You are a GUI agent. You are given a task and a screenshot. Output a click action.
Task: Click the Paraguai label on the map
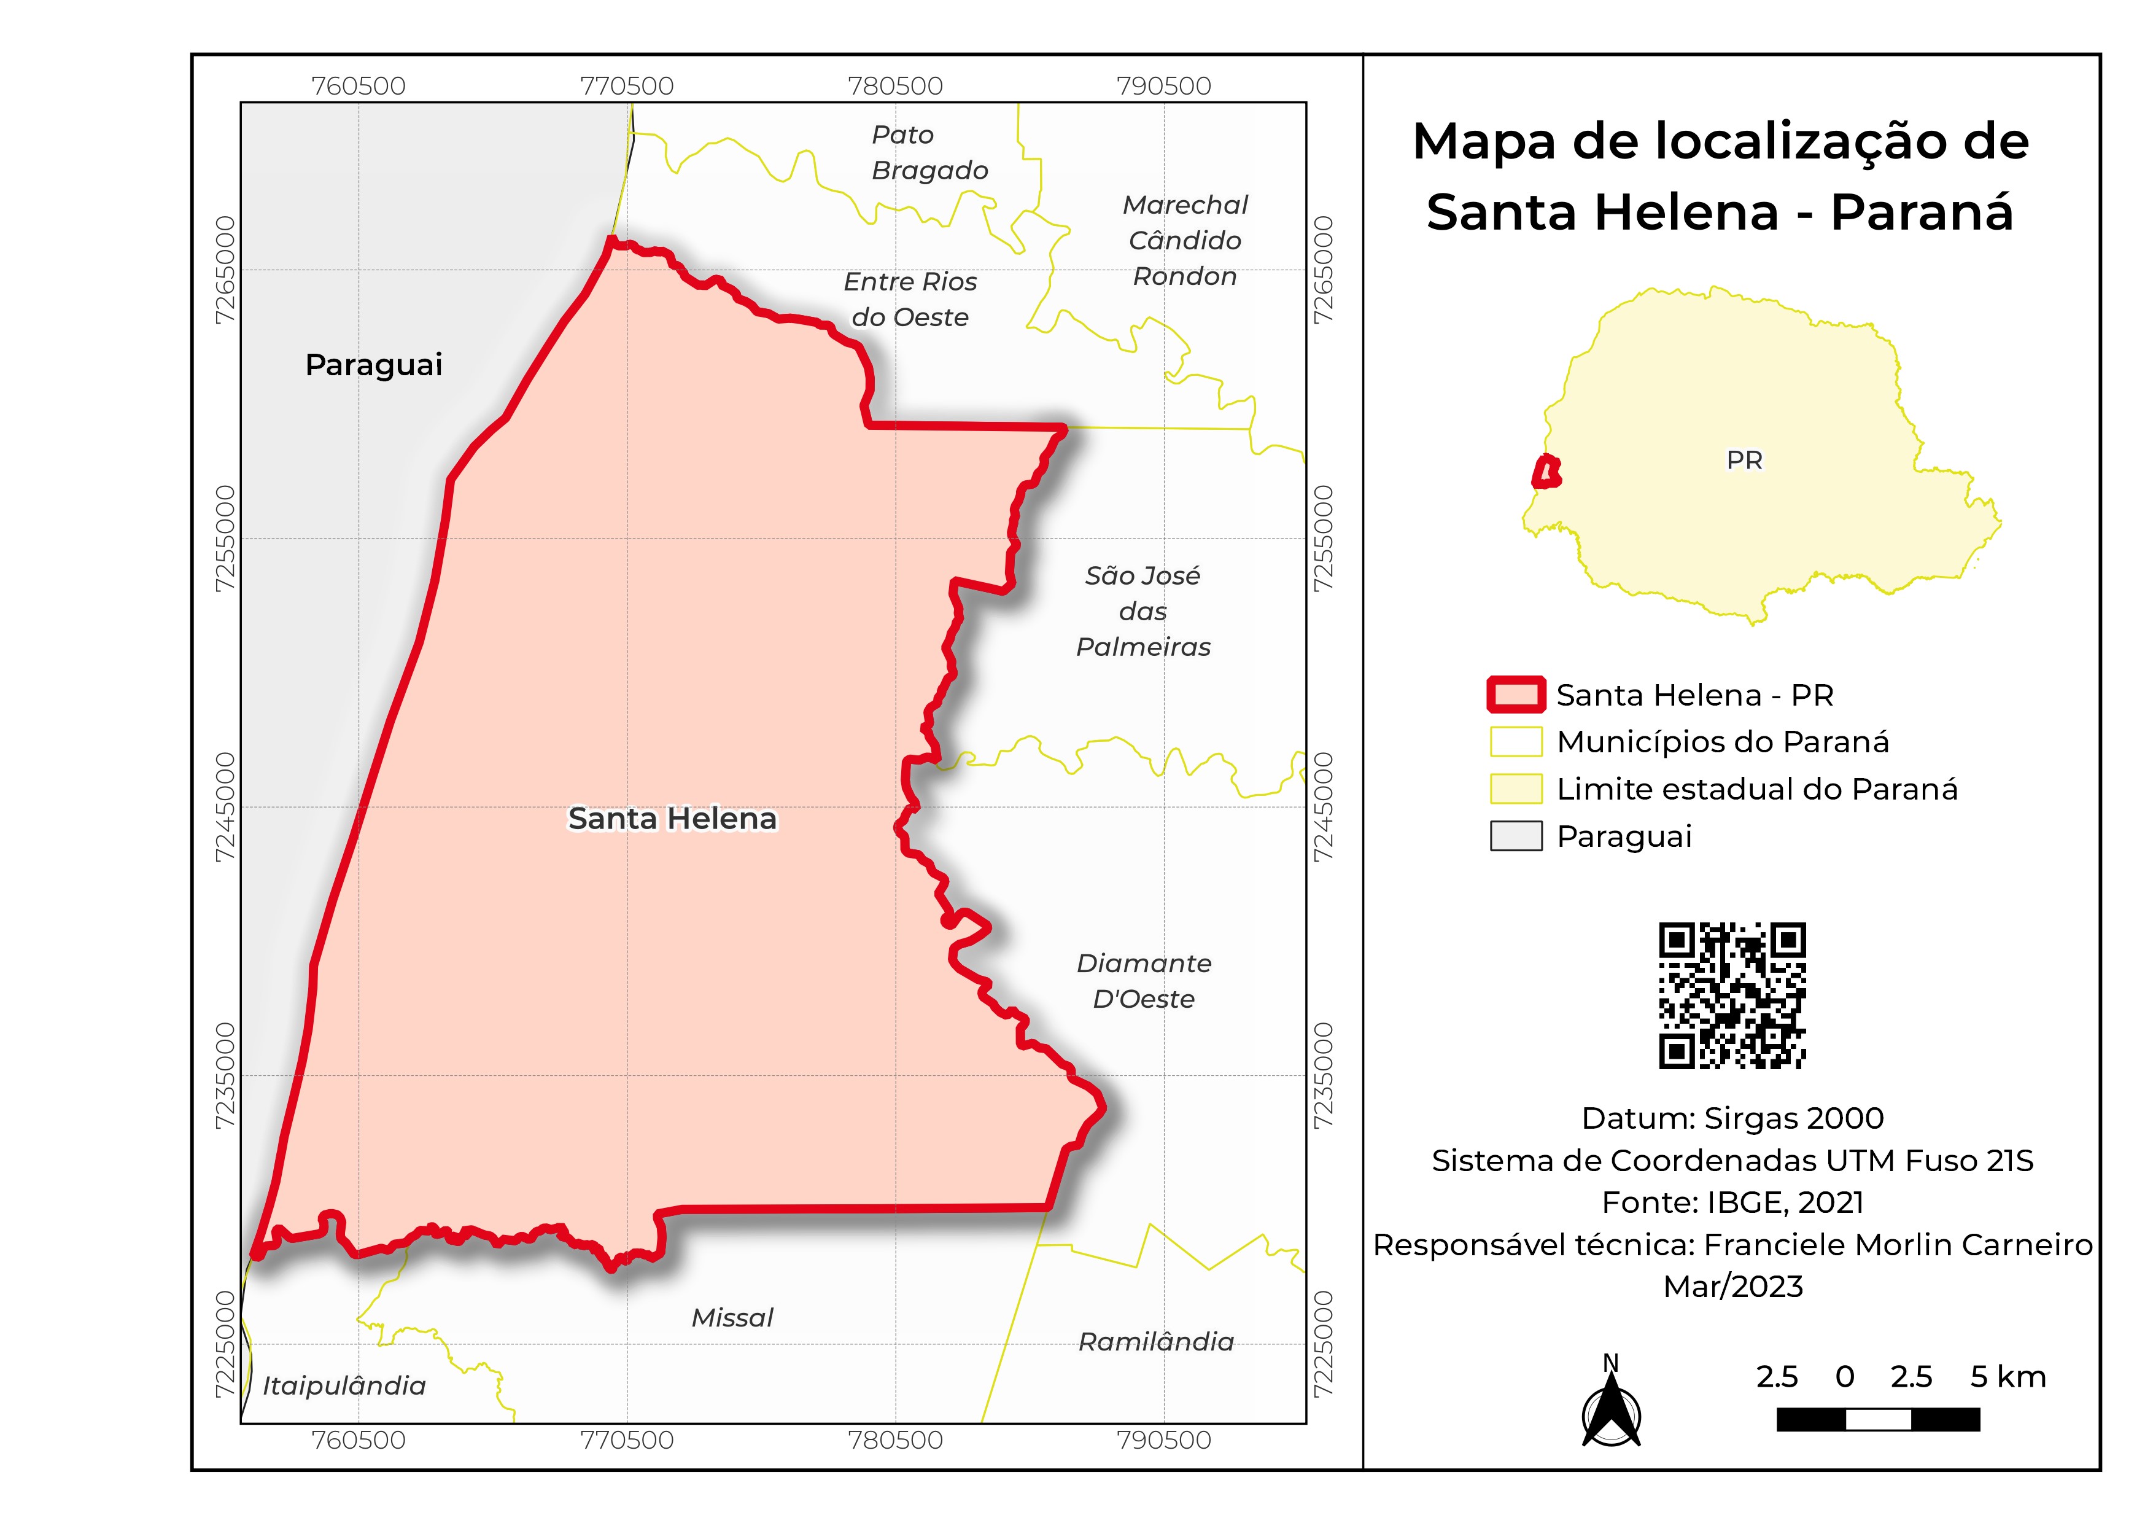coord(373,365)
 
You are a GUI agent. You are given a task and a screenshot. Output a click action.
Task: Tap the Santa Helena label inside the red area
coord(672,819)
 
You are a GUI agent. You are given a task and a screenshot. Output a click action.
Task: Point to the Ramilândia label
coord(1155,1342)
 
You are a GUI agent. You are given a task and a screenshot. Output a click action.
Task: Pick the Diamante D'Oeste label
coord(1143,981)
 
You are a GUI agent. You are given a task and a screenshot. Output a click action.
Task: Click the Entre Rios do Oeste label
coord(910,299)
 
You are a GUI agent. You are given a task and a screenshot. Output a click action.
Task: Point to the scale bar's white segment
coord(1877,1420)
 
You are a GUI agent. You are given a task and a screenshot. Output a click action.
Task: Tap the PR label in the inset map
coord(1744,461)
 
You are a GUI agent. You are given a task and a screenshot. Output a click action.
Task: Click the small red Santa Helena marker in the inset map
coord(1546,472)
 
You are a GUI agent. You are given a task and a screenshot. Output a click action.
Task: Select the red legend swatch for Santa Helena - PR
coord(1515,695)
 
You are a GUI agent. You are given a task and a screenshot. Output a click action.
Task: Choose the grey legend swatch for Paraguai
coord(1515,836)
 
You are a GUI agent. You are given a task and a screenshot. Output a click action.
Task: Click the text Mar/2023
coord(1733,1287)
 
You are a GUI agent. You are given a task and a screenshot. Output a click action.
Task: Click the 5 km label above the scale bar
coord(2008,1377)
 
